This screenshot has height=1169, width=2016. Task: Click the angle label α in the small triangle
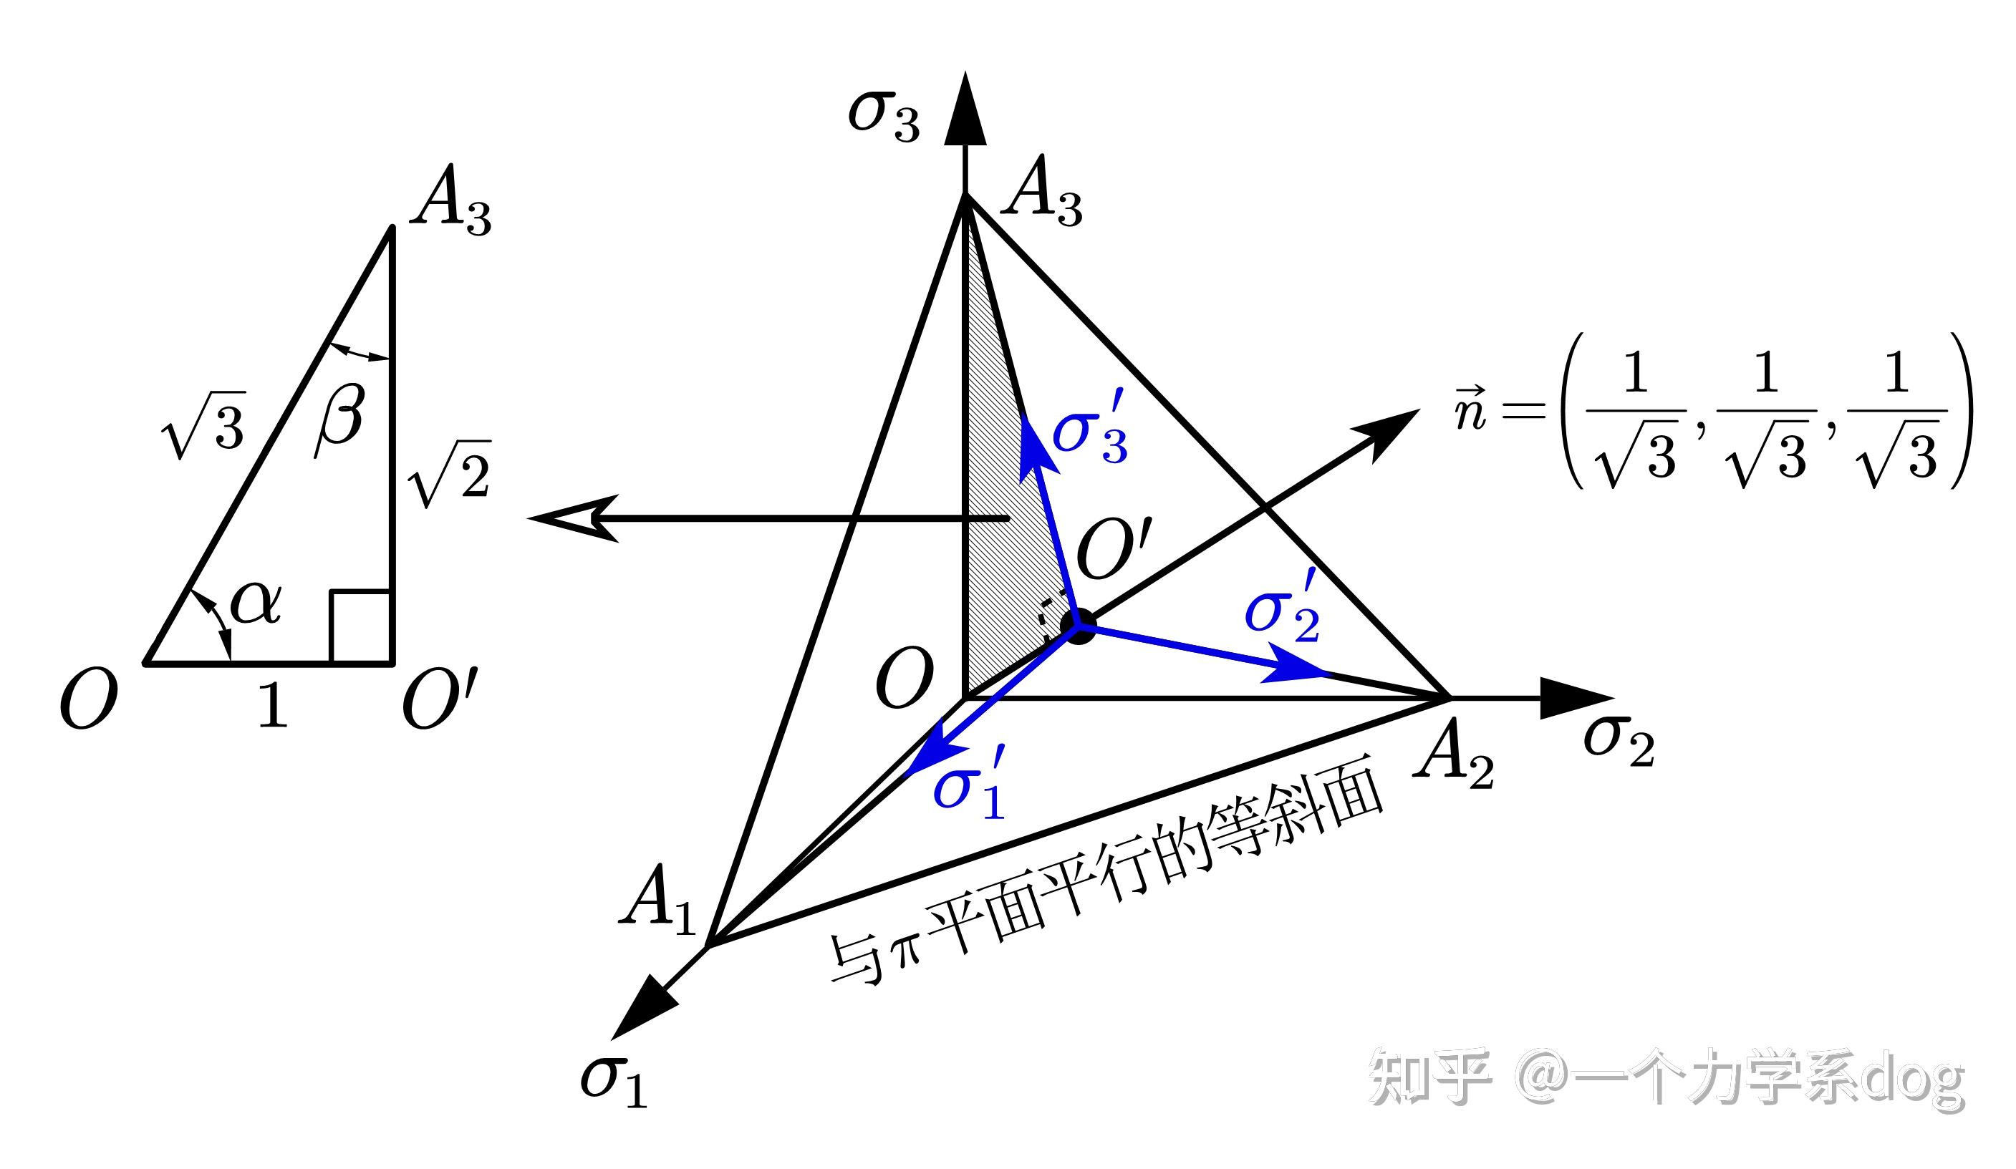coord(256,603)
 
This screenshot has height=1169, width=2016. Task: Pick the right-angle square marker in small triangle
coord(361,627)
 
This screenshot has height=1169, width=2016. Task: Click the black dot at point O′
coord(1080,625)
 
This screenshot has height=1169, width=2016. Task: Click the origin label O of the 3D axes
coord(904,679)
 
